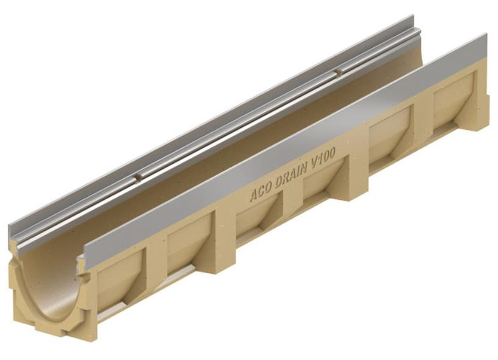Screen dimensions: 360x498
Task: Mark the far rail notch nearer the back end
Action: click(338, 73)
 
